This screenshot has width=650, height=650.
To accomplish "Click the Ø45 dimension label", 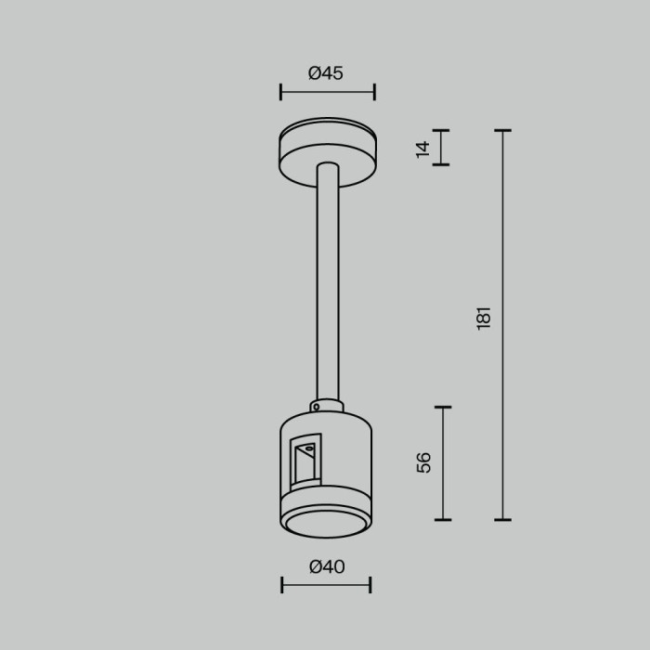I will [326, 73].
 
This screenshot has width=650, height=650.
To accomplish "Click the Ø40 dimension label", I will [326, 566].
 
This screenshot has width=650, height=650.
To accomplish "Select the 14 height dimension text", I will [423, 148].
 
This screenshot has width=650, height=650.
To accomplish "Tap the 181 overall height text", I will [483, 318].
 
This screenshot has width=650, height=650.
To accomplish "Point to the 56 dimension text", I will [424, 462].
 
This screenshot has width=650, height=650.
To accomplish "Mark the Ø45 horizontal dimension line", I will [327, 92].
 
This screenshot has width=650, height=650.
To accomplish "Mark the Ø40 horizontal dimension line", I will [326, 585].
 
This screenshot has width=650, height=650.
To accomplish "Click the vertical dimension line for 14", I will [441, 148].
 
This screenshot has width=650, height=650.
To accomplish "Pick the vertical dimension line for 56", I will [443, 462].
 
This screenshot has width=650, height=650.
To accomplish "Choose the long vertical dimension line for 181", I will [502, 325].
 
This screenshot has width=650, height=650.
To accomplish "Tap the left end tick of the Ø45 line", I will [280, 92].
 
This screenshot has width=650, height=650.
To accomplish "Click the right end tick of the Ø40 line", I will [370, 585].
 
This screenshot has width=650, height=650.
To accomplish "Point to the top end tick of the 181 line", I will [502, 130].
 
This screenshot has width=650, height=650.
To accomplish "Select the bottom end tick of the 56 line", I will [443, 519].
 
